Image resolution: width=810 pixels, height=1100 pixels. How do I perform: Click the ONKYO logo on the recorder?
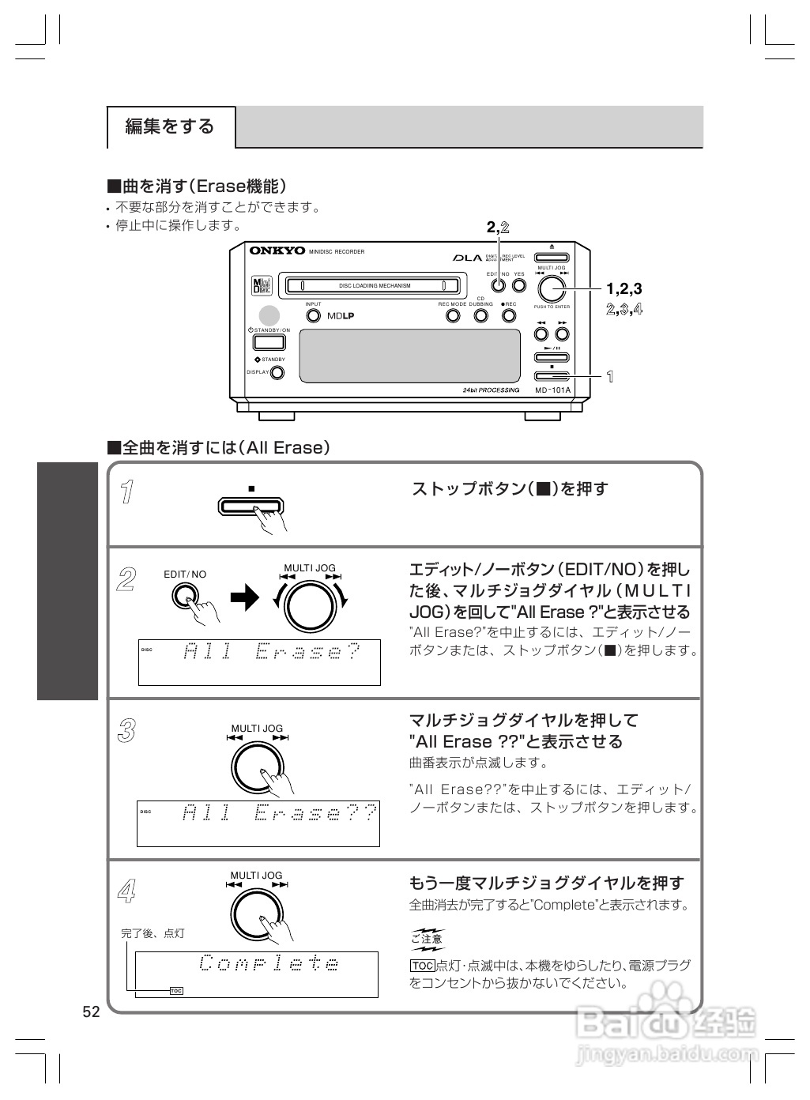pyautogui.click(x=277, y=251)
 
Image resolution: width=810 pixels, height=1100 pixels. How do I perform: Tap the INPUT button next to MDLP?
pyautogui.click(x=314, y=316)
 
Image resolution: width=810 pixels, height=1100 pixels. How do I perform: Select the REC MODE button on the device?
pyautogui.click(x=453, y=315)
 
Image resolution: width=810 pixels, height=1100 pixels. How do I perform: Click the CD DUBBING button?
pyautogui.click(x=480, y=315)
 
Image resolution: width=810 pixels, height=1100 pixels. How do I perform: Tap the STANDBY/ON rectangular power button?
pyautogui.click(x=269, y=343)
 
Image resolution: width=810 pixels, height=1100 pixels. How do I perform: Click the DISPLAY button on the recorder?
pyautogui.click(x=277, y=373)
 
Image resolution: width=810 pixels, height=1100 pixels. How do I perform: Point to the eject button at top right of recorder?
pyautogui.click(x=552, y=257)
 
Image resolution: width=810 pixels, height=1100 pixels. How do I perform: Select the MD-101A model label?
pyautogui.click(x=552, y=390)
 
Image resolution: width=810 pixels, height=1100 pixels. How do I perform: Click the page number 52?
pyautogui.click(x=91, y=1012)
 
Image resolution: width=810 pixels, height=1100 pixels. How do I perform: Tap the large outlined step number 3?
pyautogui.click(x=126, y=731)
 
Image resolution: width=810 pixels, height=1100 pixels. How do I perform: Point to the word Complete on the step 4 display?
pyautogui.click(x=269, y=964)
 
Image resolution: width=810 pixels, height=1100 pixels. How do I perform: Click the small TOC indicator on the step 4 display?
pyautogui.click(x=176, y=990)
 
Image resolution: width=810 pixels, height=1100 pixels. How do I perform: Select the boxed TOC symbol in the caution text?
pyautogui.click(x=423, y=966)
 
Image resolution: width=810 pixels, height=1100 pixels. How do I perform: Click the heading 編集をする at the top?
pyautogui.click(x=170, y=126)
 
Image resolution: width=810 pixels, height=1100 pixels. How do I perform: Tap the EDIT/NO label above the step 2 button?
pyautogui.click(x=185, y=574)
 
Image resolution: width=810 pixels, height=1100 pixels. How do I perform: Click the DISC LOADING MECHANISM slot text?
pyautogui.click(x=375, y=286)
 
